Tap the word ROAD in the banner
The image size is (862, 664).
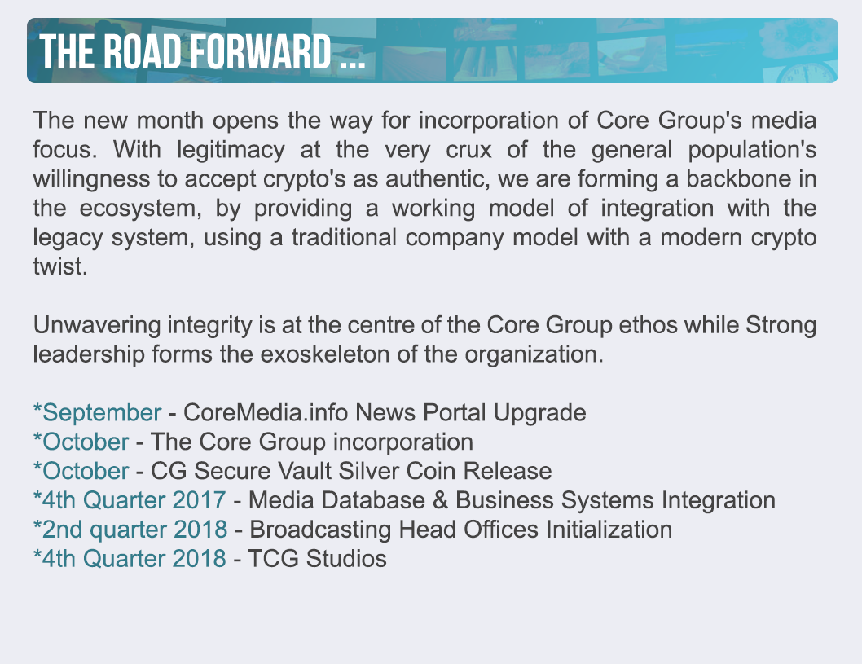[142, 51]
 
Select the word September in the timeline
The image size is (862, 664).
[102, 412]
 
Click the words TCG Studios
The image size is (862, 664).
[317, 558]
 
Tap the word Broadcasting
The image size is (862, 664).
[320, 530]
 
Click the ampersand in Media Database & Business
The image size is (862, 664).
[440, 500]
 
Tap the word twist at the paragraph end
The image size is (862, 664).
[60, 266]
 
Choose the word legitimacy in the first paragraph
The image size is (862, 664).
[231, 150]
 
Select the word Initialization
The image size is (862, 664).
[609, 530]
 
